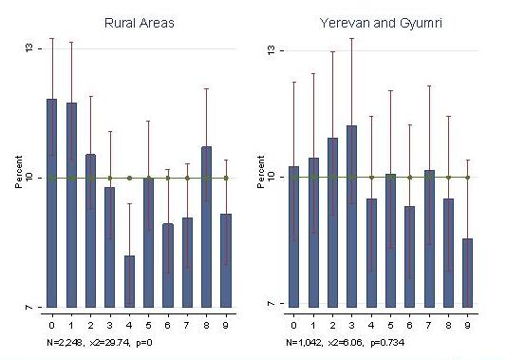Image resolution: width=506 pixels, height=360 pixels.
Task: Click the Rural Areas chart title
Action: coord(140,23)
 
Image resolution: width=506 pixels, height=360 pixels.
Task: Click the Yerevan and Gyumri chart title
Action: coord(381,23)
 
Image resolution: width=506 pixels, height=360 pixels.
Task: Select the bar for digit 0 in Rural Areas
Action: coord(52,203)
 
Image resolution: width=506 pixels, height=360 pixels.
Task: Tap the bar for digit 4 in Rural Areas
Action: coord(129,281)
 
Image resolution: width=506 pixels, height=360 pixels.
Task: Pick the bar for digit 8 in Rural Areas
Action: coord(207,227)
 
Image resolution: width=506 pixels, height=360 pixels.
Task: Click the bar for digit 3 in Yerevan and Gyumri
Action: coord(352,217)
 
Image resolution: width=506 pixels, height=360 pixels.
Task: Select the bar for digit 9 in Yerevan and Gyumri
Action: coord(468,273)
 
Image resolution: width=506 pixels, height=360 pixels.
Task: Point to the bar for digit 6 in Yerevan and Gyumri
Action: coord(410,256)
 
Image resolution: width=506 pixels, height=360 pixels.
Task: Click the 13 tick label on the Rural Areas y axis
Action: coord(29,48)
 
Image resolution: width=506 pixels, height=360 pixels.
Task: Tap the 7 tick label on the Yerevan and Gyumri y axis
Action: coord(272,304)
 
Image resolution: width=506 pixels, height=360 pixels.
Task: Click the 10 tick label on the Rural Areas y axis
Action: coord(29,178)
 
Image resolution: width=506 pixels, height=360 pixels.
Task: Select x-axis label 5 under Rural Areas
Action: coord(148,325)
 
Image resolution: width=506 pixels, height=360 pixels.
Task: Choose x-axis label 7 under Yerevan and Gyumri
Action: coord(429,325)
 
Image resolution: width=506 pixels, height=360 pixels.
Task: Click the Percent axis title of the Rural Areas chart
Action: coord(19,172)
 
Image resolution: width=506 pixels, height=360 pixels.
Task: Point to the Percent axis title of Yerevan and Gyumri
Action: coord(261,172)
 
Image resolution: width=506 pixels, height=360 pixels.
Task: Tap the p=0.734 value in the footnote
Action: coord(387,343)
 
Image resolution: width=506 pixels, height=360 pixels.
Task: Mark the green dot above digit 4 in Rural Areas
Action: coord(129,178)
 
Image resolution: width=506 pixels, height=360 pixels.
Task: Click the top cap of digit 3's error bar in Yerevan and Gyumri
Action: coord(352,38)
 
